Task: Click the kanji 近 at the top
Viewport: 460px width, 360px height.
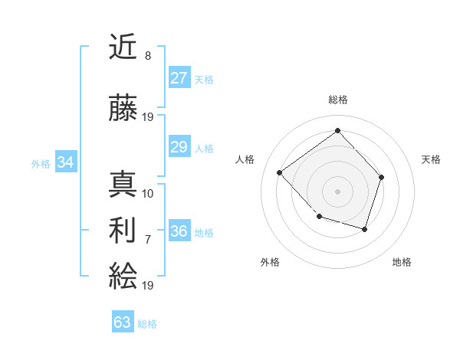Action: click(123, 48)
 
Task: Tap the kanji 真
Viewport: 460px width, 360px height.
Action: click(123, 185)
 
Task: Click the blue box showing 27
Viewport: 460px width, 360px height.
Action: click(179, 78)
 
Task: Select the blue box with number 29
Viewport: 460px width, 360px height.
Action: click(179, 147)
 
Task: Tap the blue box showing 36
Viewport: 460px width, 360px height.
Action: click(179, 232)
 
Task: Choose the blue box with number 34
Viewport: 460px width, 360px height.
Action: click(66, 162)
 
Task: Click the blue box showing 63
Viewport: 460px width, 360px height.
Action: click(123, 322)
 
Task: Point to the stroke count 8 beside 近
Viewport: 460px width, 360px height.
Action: click(148, 56)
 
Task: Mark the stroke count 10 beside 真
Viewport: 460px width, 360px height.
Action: click(148, 193)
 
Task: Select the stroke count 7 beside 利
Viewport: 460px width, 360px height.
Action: click(148, 239)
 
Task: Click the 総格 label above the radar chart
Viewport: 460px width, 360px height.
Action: click(338, 100)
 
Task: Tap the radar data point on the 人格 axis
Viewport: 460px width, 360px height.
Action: click(280, 172)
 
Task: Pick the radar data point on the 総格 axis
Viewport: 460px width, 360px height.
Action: click(337, 130)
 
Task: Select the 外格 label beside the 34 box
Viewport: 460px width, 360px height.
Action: click(41, 163)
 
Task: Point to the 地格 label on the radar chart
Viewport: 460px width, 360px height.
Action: click(402, 262)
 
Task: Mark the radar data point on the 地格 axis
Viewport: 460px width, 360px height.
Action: click(365, 229)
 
